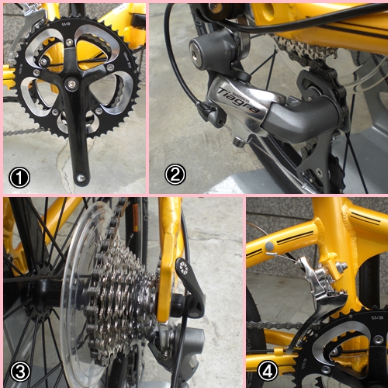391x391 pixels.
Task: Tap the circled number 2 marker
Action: pos(176,175)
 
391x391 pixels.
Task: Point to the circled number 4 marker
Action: pos(268,371)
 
